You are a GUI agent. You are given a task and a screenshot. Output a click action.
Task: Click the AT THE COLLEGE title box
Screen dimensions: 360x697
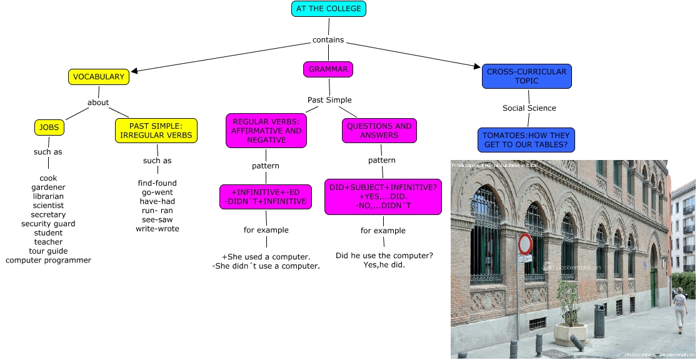(328, 9)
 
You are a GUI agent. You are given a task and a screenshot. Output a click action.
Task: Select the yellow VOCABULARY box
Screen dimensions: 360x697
(99, 77)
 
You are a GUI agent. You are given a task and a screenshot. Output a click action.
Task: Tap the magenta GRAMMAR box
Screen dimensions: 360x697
(328, 69)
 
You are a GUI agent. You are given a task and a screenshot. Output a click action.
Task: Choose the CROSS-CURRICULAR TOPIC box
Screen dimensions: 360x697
(526, 76)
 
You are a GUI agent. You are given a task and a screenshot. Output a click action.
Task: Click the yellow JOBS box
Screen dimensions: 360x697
(49, 127)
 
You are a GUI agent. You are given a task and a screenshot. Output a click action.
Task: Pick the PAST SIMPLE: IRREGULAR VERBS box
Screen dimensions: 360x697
(156, 131)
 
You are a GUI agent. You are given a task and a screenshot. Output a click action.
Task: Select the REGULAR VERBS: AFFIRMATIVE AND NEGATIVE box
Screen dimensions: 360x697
(266, 131)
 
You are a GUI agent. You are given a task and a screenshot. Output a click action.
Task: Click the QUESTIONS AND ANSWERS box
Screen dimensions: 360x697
(379, 130)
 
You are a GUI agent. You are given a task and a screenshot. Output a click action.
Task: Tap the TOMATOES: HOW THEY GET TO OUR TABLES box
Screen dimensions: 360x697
(528, 140)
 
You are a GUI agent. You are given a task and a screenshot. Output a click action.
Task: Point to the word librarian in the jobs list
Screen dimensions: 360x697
(48, 196)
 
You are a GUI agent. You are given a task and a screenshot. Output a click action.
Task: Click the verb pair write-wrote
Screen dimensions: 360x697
(158, 229)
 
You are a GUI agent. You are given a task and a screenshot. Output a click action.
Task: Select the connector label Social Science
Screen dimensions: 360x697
(529, 108)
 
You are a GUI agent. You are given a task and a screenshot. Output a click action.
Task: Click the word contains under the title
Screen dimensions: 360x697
(328, 40)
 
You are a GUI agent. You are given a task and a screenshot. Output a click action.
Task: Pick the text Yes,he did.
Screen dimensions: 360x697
(384, 265)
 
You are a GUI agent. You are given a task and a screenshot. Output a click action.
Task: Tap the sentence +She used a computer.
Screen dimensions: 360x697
(266, 257)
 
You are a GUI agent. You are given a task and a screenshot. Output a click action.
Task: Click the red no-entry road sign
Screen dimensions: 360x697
(525, 243)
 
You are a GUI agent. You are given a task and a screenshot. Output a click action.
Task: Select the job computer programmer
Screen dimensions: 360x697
(48, 260)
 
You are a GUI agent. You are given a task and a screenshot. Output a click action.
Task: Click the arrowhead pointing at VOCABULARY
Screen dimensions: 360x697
(134, 71)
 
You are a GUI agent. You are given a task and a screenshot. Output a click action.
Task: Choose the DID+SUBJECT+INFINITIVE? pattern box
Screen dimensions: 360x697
(383, 196)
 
